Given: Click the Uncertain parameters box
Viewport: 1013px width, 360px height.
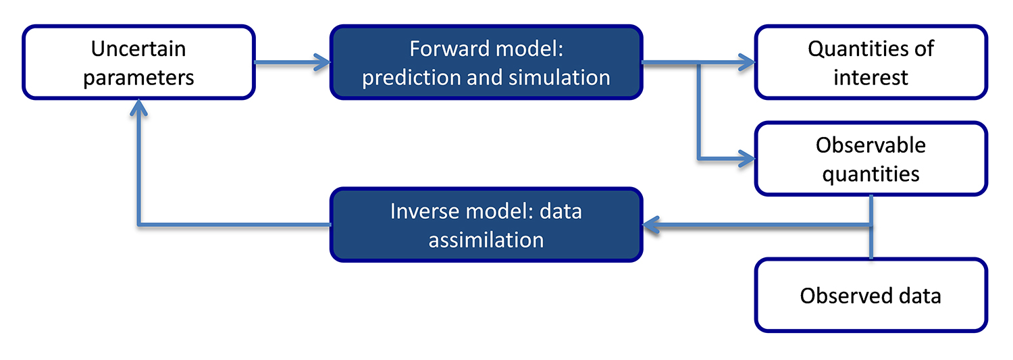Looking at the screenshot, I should (138, 63).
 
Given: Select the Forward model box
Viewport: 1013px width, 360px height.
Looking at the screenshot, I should (486, 63).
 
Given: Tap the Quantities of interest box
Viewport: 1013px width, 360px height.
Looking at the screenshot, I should (871, 63).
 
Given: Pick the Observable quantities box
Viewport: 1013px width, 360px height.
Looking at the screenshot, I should (871, 159).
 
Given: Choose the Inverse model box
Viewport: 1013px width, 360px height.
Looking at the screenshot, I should (486, 225).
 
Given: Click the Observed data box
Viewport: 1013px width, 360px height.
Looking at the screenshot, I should (871, 295).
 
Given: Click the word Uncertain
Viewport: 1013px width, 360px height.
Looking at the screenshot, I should (138, 49).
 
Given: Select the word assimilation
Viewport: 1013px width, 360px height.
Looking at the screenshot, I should (486, 240).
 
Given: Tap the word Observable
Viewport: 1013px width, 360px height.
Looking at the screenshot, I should (871, 145).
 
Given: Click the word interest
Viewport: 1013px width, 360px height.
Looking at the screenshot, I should (871, 77).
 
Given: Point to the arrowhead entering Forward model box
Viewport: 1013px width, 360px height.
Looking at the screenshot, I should (323, 63).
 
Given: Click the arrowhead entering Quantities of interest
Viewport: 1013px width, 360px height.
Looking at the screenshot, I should (747, 63).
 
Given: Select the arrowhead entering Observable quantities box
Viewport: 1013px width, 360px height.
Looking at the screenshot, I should (747, 159).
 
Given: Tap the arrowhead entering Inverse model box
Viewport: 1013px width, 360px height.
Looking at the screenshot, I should (650, 226).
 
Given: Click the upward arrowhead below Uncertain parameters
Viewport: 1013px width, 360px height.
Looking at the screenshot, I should (138, 108).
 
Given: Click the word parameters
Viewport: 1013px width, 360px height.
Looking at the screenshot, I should (138, 77).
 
